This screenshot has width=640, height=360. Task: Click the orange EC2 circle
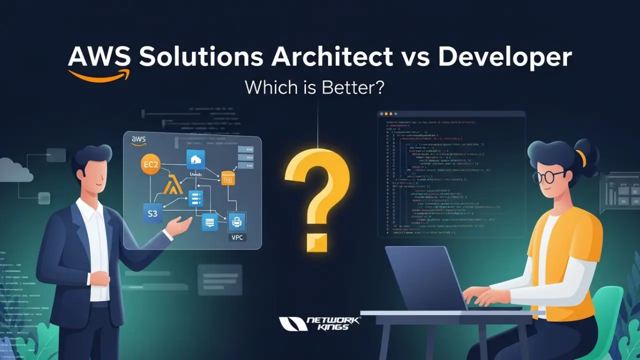tap(150, 164)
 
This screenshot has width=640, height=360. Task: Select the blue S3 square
tap(152, 213)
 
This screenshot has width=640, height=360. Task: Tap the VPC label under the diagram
tap(236, 237)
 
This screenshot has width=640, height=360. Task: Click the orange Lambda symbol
tap(171, 187)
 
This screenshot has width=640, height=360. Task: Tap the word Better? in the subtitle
tap(356, 88)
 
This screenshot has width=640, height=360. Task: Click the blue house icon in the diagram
tap(195, 159)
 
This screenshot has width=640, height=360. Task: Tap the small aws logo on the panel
tap(138, 140)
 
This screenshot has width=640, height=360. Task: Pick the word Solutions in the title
tap(201, 58)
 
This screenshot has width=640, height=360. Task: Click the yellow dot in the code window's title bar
tap(392, 114)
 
